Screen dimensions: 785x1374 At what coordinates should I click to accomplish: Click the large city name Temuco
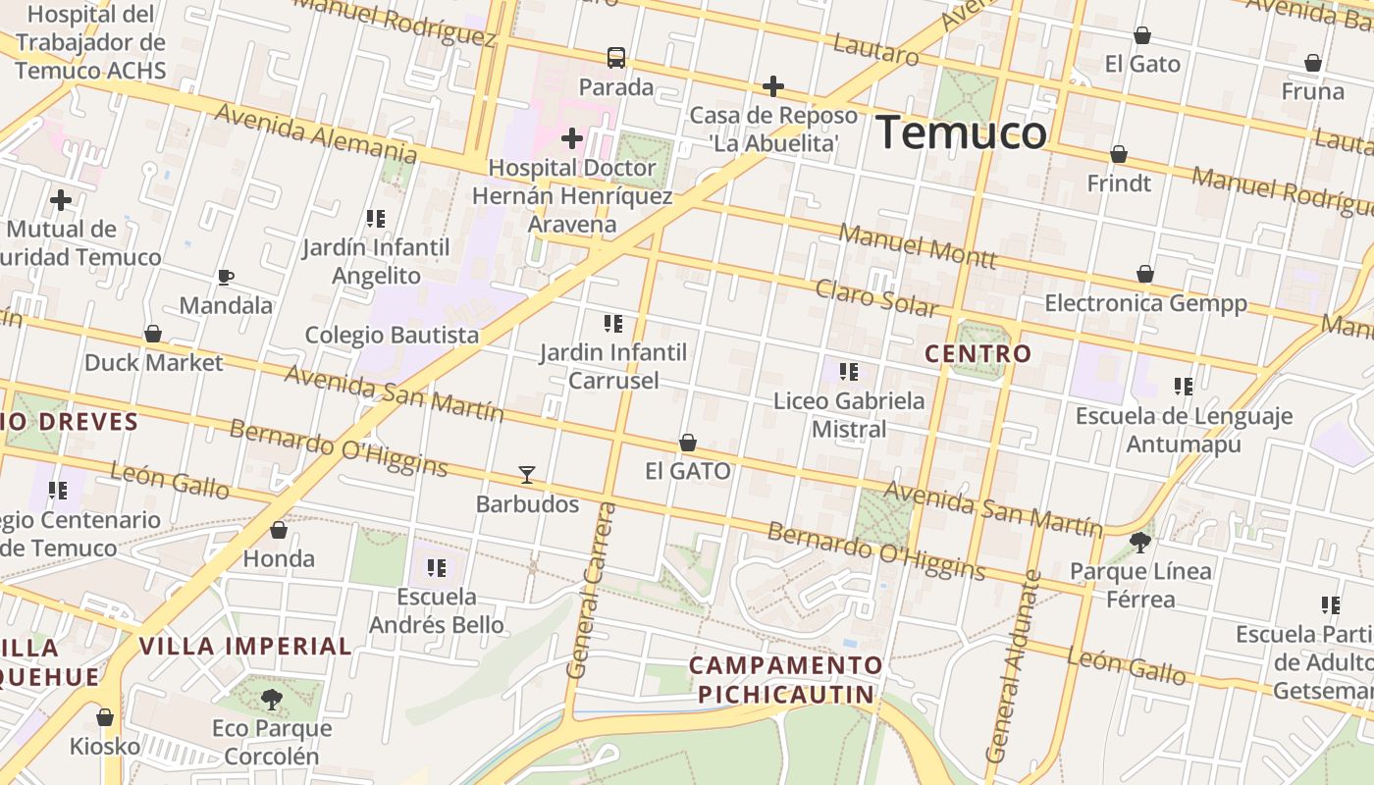pos(961,132)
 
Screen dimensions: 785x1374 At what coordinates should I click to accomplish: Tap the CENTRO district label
pos(978,353)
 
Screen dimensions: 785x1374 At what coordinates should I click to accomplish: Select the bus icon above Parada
pos(616,58)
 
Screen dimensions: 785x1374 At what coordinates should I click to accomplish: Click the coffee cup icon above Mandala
pos(226,277)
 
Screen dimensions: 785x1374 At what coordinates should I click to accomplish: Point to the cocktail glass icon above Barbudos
pos(527,475)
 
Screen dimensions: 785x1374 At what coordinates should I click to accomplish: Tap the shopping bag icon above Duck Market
pos(153,334)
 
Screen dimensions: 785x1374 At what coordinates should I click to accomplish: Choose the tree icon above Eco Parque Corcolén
pos(272,700)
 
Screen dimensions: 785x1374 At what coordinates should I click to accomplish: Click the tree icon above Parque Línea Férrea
pos(1140,542)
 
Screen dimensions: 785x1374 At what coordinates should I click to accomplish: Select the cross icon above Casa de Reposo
pos(773,86)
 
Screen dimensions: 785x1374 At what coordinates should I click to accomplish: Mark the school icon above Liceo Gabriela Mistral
pos(849,372)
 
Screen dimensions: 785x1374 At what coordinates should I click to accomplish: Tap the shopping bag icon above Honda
pos(279,530)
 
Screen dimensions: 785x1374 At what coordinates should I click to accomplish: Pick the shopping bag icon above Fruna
pos(1313,63)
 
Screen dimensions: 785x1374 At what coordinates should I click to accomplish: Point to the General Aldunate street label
pos(1013,667)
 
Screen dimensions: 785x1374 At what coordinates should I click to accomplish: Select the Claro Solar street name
pos(876,298)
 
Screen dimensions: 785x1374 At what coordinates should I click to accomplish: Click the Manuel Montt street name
pos(918,246)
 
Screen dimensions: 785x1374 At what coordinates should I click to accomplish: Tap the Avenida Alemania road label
pos(316,132)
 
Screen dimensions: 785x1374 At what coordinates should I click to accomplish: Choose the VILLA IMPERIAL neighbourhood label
pos(245,646)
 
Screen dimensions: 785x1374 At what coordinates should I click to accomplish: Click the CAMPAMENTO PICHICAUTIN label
pos(785,680)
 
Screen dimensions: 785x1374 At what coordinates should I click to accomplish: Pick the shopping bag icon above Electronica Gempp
pos(1144,274)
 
